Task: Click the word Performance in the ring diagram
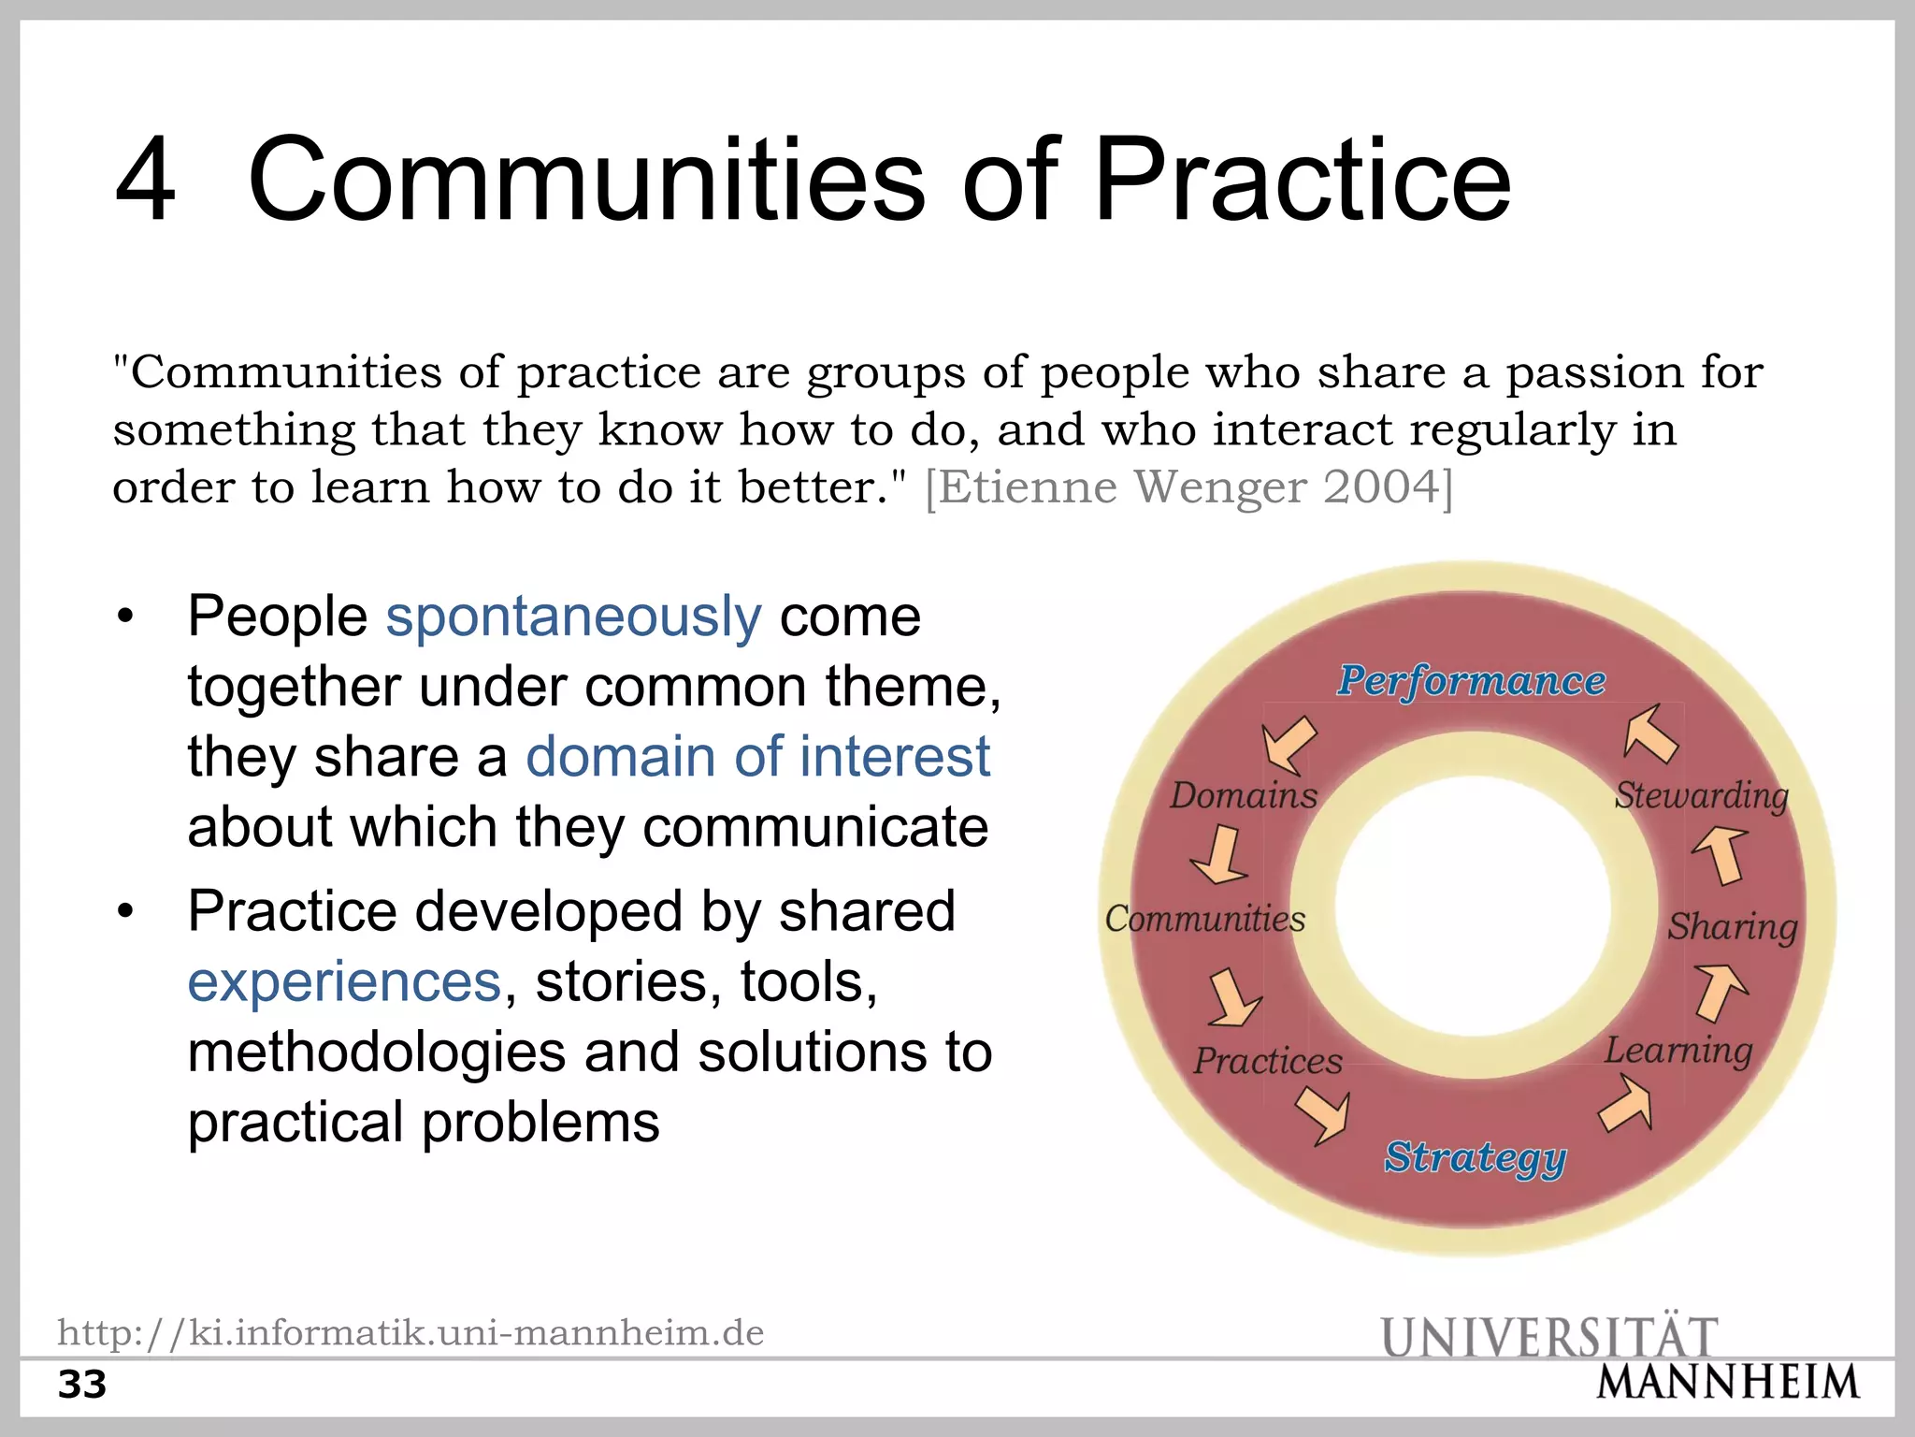[1471, 681]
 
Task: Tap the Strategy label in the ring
[1475, 1157]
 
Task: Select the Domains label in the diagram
[1243, 795]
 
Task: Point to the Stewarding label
[1701, 795]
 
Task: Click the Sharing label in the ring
[1732, 926]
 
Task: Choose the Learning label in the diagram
[1678, 1051]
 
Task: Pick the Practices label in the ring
[1267, 1061]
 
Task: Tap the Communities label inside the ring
[1204, 919]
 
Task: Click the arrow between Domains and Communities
[1219, 855]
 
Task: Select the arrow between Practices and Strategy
[1323, 1116]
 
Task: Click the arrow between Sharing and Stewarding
[1721, 854]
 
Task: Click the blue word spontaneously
[573, 617]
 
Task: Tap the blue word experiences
[344, 982]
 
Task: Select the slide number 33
[82, 1385]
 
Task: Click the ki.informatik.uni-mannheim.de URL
[410, 1332]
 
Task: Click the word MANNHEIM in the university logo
[1728, 1383]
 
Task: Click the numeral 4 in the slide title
[145, 180]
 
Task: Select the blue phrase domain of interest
[757, 756]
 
